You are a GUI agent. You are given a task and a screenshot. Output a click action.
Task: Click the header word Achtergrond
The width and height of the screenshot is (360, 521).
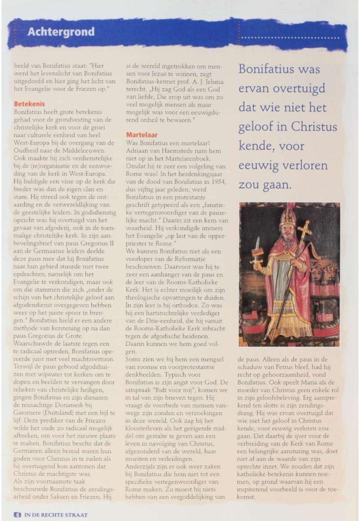[61, 32]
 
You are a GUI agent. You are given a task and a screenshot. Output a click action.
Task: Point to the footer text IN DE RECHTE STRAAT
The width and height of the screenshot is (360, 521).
[55, 514]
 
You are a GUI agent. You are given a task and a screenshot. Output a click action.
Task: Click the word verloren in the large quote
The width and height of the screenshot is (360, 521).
[310, 166]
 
